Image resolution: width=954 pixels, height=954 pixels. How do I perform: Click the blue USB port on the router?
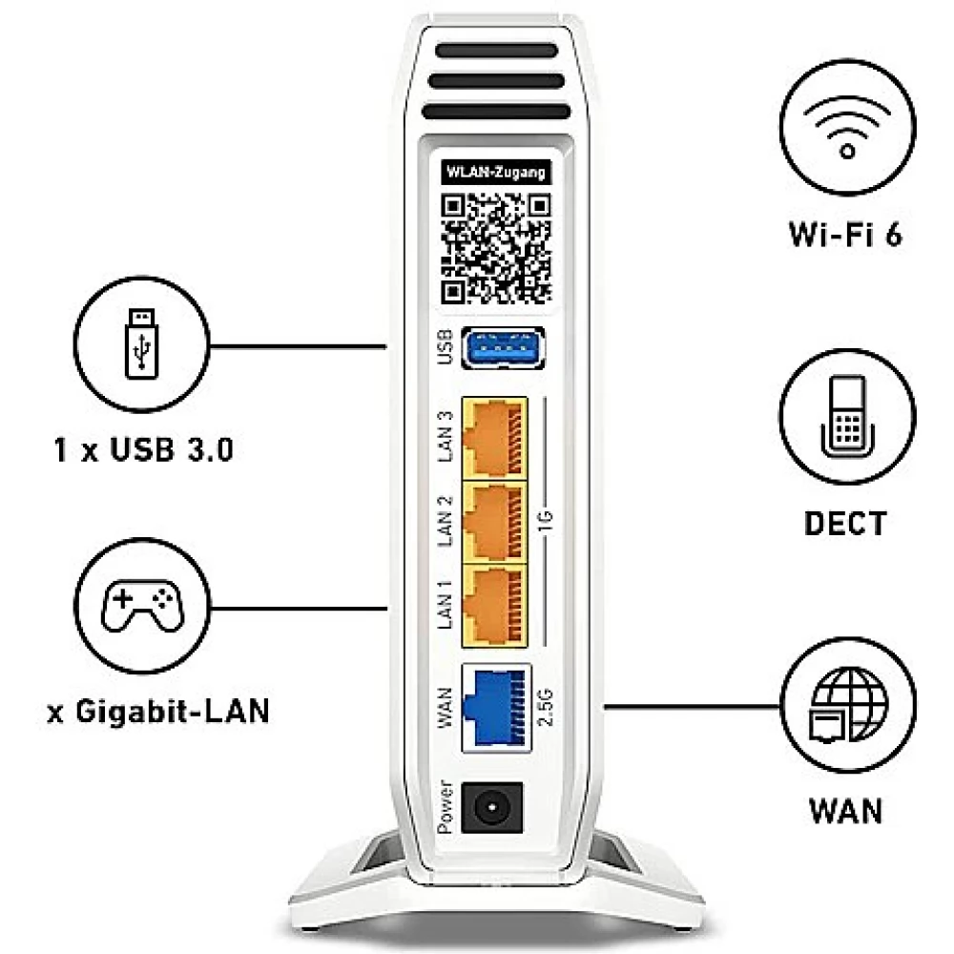click(503, 348)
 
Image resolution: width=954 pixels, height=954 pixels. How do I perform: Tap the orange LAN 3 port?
click(494, 439)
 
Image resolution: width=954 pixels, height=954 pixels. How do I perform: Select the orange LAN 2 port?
click(494, 523)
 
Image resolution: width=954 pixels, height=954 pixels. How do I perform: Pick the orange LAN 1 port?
click(494, 606)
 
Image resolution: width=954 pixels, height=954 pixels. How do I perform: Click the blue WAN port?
click(496, 708)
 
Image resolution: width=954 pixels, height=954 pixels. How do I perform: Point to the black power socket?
click(491, 807)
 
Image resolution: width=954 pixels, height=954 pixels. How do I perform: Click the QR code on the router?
click(496, 248)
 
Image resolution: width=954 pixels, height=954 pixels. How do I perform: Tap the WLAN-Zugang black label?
click(496, 172)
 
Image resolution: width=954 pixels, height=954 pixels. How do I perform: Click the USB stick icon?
click(141, 343)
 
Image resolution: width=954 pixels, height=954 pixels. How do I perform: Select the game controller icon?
click(142, 606)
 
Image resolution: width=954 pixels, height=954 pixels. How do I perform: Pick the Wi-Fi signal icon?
click(847, 127)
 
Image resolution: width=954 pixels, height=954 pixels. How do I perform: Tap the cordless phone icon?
click(847, 416)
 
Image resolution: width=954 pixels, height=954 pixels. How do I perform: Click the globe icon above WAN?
click(848, 705)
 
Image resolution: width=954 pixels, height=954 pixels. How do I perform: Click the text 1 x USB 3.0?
click(144, 449)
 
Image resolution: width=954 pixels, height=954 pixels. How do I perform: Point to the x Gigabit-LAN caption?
click(158, 712)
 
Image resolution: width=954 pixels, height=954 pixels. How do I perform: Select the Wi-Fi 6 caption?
click(845, 235)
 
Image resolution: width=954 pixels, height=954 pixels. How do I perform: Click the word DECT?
click(845, 523)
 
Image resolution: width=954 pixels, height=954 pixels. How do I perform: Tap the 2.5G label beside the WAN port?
click(546, 708)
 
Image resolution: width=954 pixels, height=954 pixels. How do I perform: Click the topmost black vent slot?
click(496, 51)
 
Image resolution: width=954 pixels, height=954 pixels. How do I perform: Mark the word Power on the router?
click(445, 807)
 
